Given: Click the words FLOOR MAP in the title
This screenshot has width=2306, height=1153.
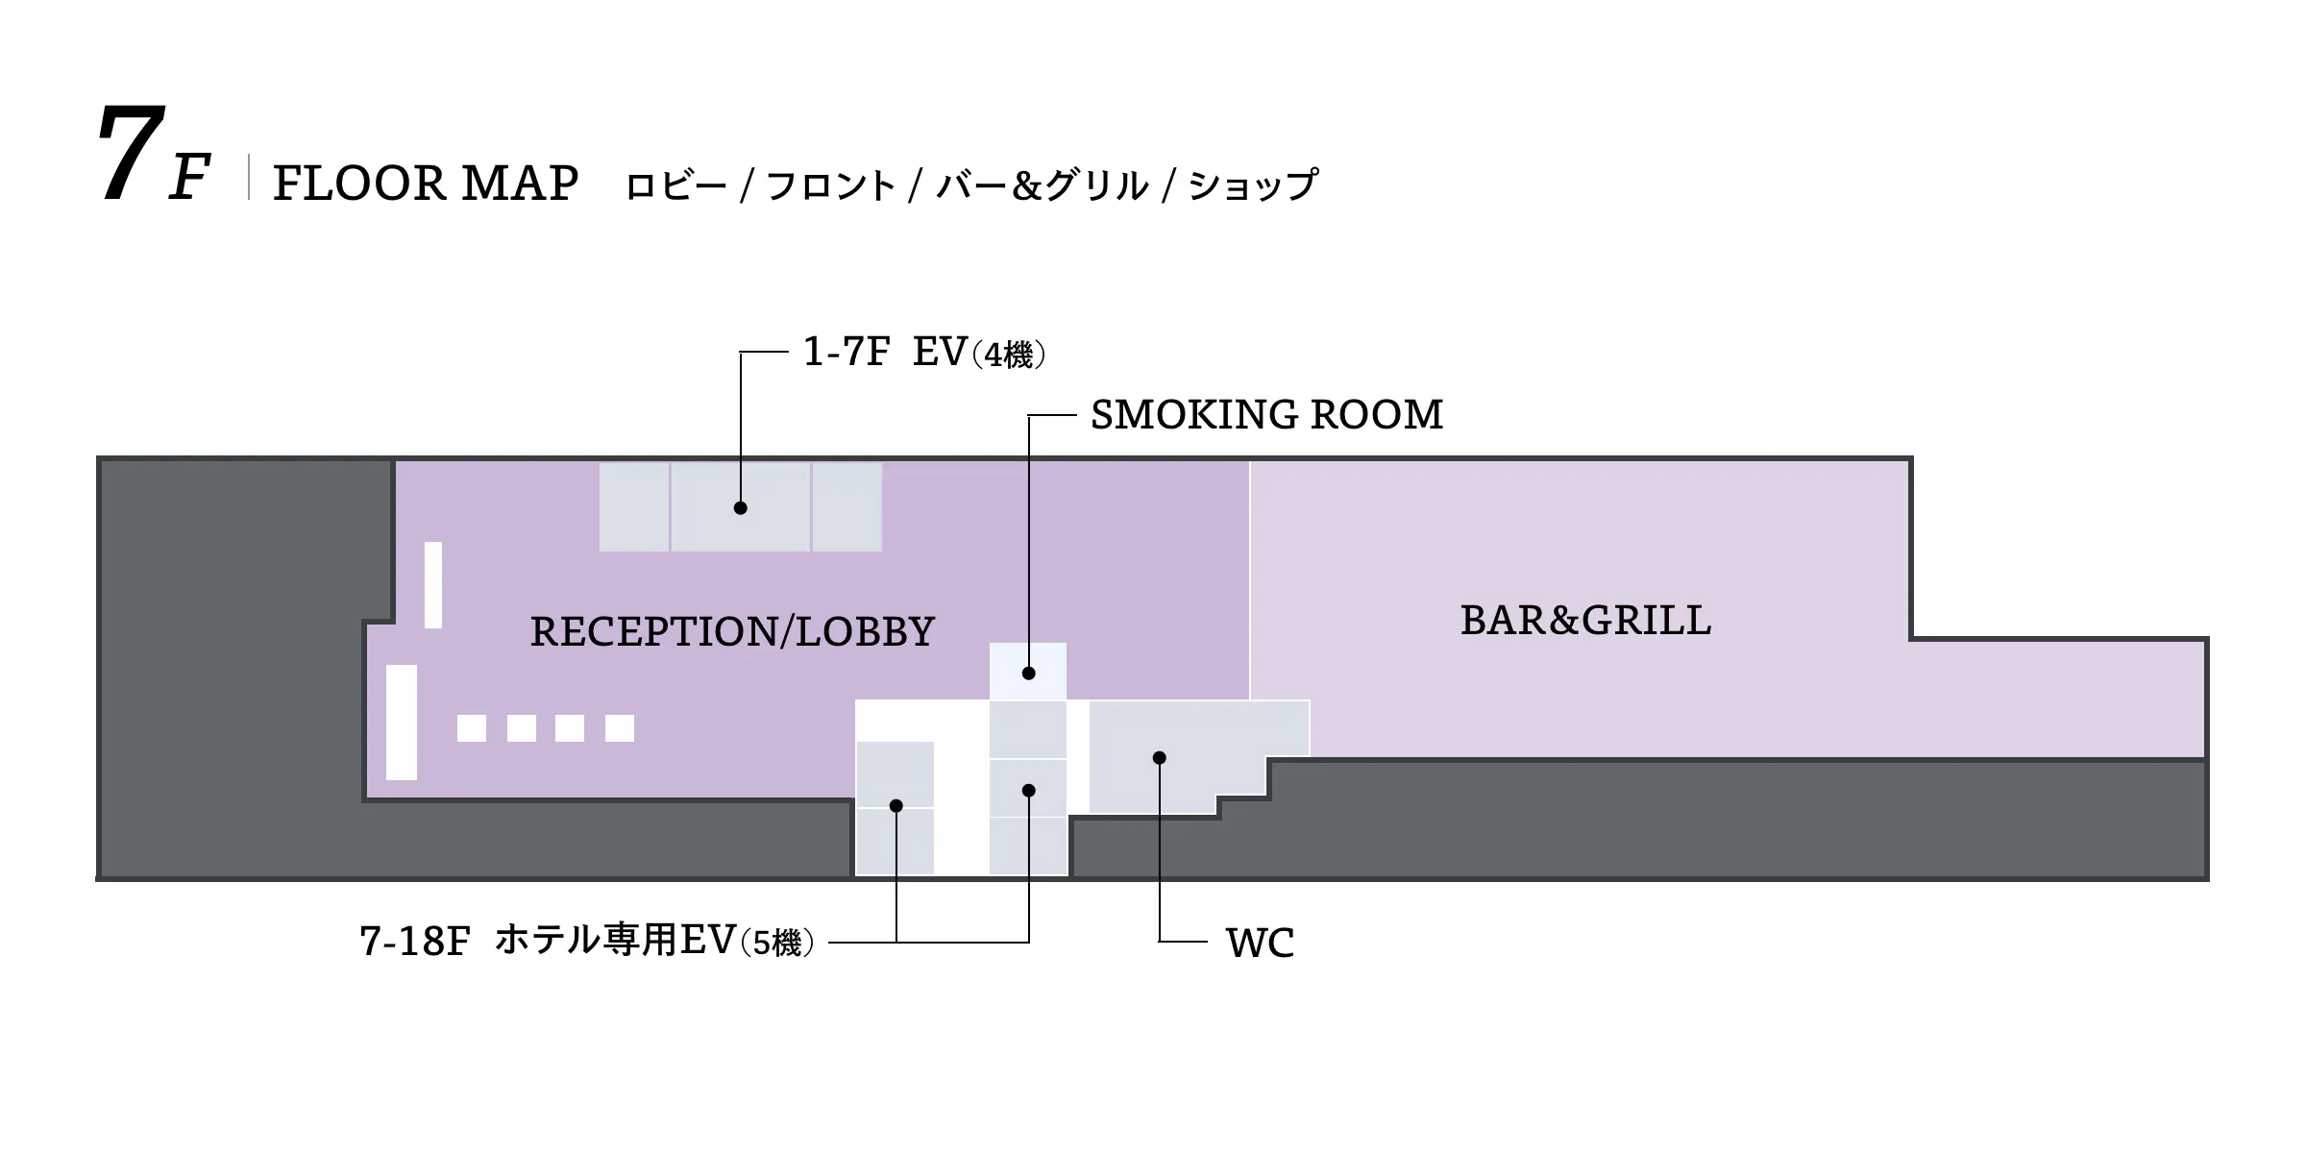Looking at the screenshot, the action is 426,183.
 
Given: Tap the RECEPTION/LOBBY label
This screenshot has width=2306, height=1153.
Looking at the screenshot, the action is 732,631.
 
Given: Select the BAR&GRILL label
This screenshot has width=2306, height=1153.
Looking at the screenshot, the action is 1585,621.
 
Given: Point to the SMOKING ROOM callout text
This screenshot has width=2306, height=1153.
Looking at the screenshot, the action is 1266,415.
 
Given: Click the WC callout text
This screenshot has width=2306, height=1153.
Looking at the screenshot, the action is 1260,943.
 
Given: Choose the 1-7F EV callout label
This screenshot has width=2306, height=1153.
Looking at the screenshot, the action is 924,353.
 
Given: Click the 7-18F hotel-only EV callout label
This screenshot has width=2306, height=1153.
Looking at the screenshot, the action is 587,941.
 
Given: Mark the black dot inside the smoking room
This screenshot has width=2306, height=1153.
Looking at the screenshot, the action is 1028,674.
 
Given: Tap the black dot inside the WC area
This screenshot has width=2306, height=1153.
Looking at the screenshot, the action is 1159,758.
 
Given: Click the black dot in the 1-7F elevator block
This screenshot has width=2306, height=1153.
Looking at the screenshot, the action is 740,508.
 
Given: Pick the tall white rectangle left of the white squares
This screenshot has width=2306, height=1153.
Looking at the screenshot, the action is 402,722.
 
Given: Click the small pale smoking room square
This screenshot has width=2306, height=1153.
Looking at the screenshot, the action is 1028,672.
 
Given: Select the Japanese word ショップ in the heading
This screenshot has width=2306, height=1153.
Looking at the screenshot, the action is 1254,185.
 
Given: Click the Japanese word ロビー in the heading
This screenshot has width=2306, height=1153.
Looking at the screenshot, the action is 675,185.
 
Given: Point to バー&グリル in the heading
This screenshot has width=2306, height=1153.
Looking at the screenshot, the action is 1042,185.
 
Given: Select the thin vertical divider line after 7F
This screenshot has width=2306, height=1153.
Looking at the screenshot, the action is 249,178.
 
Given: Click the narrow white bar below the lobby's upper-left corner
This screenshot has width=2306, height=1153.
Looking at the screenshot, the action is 433,585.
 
